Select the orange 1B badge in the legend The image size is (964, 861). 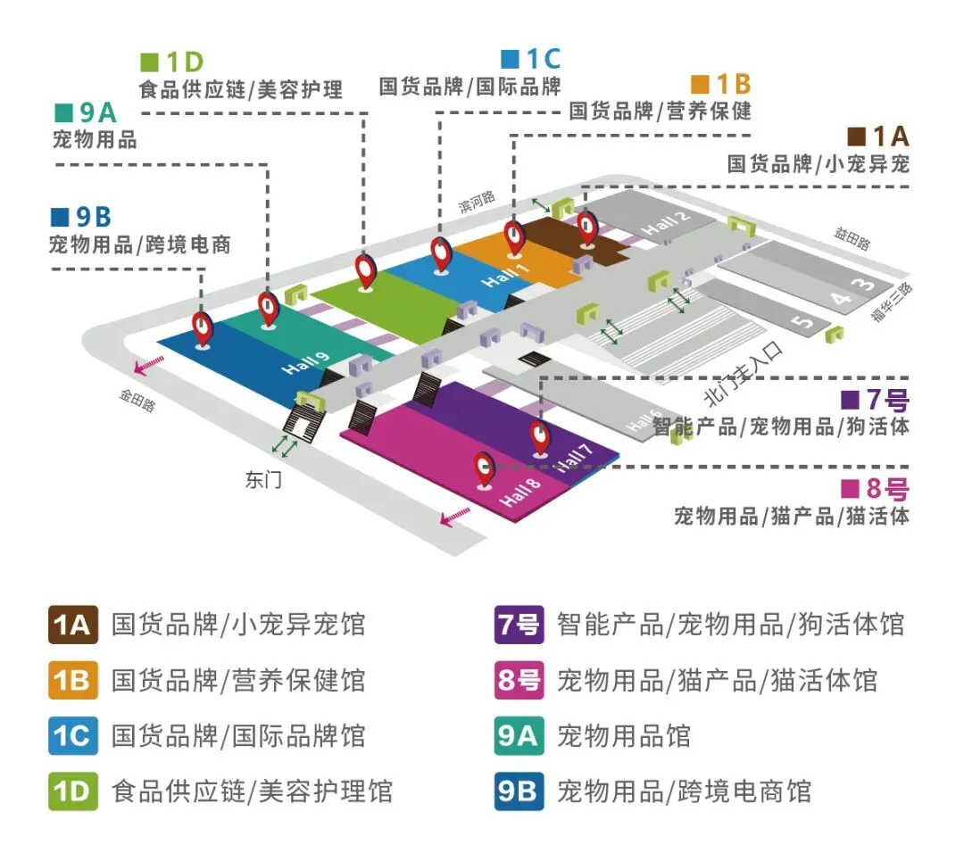coord(73,681)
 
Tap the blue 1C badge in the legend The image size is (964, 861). coord(73,736)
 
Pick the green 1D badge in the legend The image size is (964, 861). coord(73,791)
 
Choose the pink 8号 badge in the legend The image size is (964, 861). coord(519,681)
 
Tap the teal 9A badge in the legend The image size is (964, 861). coord(519,736)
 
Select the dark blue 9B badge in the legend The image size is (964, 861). coord(519,791)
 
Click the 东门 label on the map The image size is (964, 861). coord(263,480)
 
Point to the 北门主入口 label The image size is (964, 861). coord(743,371)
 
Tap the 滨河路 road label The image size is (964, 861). coord(477,203)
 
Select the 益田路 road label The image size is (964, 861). coord(854,236)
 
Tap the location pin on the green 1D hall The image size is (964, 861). coord(366,269)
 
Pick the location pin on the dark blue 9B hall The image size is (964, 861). coord(204,327)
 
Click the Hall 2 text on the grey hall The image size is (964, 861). coord(669,226)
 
